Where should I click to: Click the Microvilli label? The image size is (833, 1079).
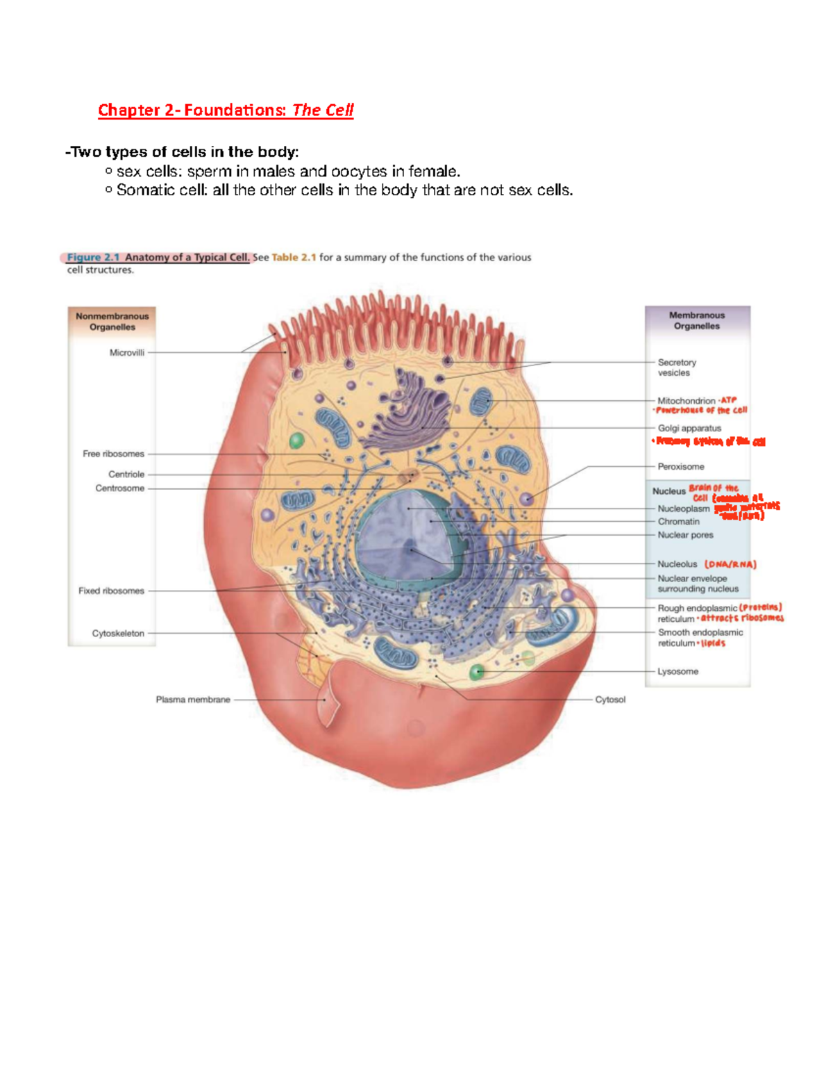[x=127, y=353]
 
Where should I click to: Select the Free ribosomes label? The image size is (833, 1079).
[x=113, y=454]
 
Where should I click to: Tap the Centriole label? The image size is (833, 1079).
[x=126, y=475]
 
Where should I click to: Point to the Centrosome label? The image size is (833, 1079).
[x=120, y=488]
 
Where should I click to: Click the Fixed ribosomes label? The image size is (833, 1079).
[x=111, y=591]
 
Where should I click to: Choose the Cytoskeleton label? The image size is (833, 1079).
[x=118, y=634]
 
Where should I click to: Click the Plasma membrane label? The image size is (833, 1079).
[x=193, y=700]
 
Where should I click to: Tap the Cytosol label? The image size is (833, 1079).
[x=610, y=700]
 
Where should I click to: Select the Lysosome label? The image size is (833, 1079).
[x=678, y=672]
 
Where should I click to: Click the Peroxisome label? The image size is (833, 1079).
[x=681, y=467]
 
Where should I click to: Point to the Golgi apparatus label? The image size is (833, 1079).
[x=689, y=429]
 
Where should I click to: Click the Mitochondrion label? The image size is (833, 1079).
[x=687, y=401]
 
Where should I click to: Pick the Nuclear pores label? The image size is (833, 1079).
[x=685, y=535]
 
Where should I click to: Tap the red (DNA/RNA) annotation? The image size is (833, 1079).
[x=730, y=565]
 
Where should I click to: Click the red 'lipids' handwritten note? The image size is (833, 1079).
[x=713, y=643]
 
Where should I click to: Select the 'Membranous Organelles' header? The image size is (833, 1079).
[x=697, y=320]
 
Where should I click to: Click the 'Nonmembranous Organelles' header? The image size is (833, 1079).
[x=112, y=322]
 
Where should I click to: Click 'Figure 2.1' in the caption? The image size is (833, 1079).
[x=93, y=257]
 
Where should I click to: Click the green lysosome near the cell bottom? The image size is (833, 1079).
[x=477, y=672]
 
